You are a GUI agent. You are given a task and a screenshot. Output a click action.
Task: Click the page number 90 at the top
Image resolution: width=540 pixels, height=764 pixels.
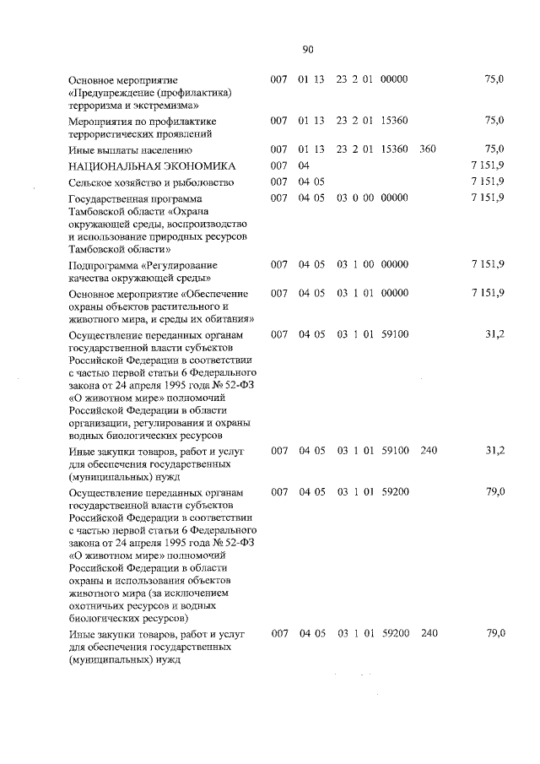[307, 49]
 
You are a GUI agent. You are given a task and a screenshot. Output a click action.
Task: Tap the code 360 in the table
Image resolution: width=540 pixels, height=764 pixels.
[427, 149]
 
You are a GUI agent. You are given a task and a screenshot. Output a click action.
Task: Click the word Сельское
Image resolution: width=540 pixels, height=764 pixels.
[92, 182]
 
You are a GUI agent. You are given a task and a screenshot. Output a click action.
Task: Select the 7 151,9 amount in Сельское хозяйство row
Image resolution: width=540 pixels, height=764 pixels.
[489, 182]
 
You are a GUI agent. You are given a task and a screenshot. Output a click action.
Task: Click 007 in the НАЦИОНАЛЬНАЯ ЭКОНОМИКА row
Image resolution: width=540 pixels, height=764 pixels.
[280, 165]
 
